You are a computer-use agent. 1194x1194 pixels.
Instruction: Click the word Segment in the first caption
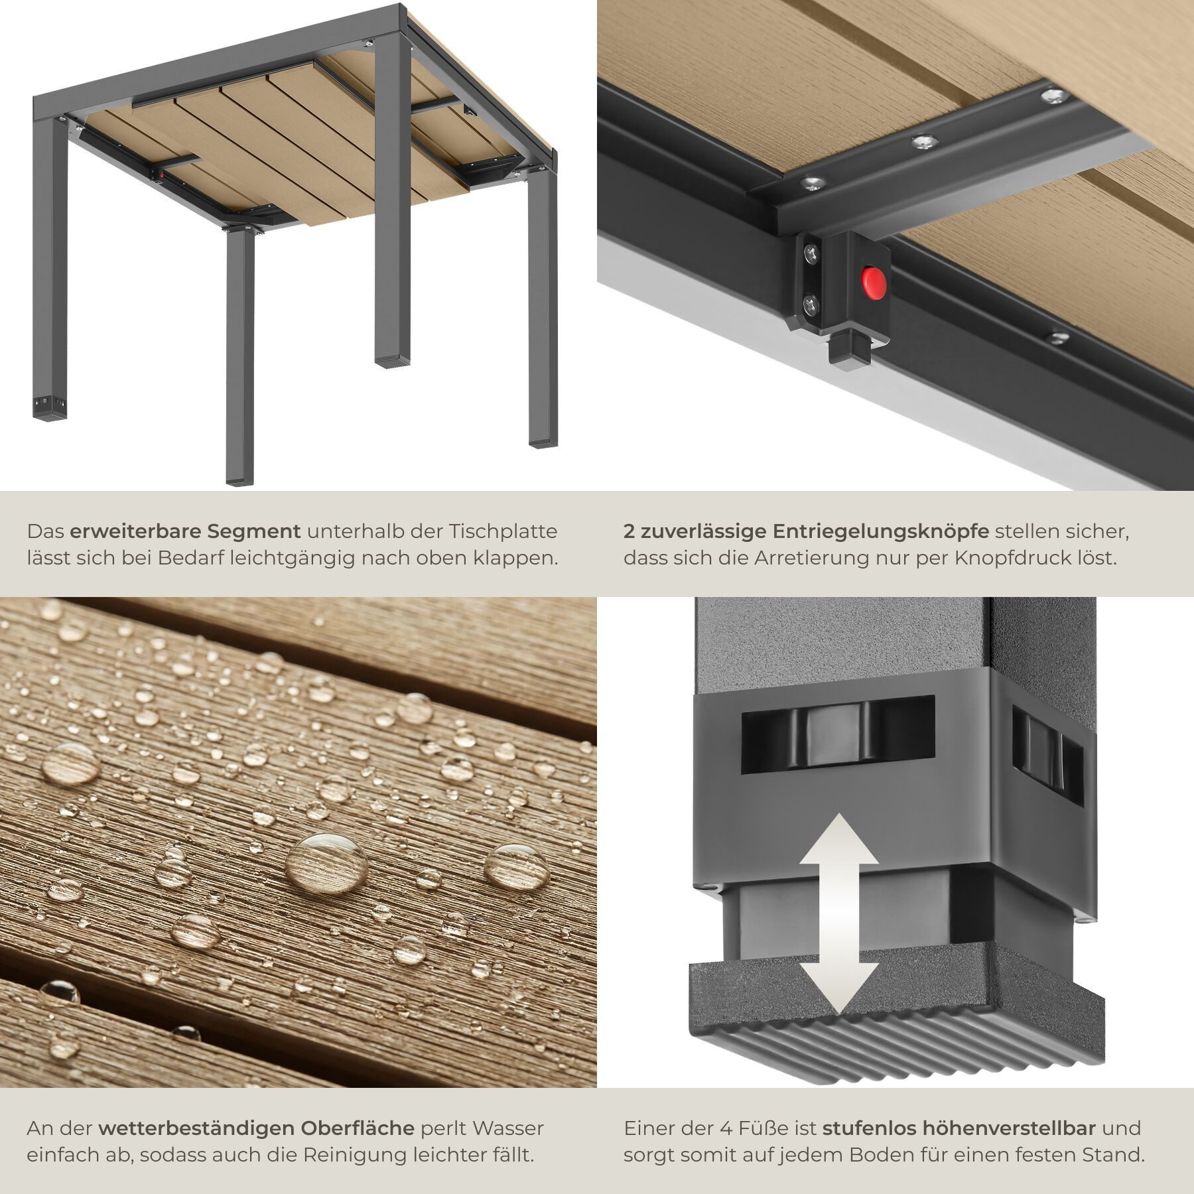tap(254, 532)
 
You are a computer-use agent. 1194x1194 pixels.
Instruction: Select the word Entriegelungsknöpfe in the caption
tap(880, 532)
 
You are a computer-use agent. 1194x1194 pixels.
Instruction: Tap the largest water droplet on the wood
tap(326, 864)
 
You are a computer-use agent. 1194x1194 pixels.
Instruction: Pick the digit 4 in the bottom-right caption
tap(726, 1128)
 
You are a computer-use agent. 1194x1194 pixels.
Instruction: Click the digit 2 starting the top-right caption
tap(629, 532)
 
